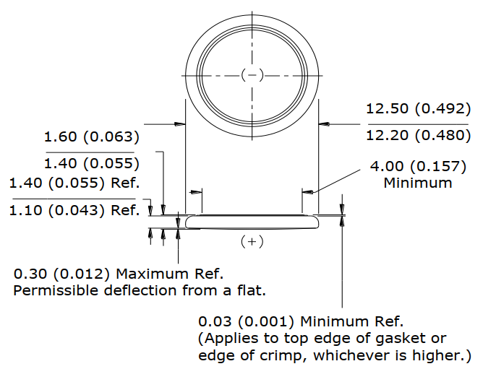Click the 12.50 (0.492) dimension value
418,108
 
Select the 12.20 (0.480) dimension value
418,136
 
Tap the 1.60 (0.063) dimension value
91,136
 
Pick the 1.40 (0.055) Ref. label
74,183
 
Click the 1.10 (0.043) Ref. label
74,210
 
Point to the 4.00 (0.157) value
418,167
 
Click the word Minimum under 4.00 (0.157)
418,183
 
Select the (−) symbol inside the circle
252,75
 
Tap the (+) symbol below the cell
252,242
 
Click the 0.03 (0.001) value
246,321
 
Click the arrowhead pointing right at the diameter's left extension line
180,124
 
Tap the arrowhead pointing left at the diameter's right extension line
324,124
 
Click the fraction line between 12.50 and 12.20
418,124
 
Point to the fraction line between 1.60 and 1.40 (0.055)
90,152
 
